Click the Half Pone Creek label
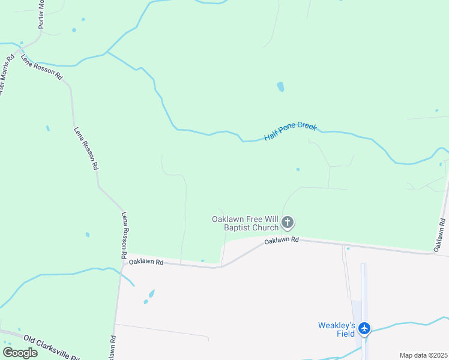[x=291, y=132]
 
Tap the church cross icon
[x=288, y=223]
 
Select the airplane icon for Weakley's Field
[x=364, y=328]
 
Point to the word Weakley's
[x=337, y=326]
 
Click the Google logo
[x=20, y=352]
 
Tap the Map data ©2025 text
[x=423, y=355]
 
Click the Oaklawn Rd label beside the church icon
[x=282, y=240]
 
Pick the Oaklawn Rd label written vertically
[x=441, y=231]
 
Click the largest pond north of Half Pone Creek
[x=280, y=87]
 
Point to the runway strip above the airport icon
[x=364, y=288]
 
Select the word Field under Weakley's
[x=345, y=334]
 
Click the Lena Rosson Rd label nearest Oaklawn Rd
[x=124, y=235]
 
